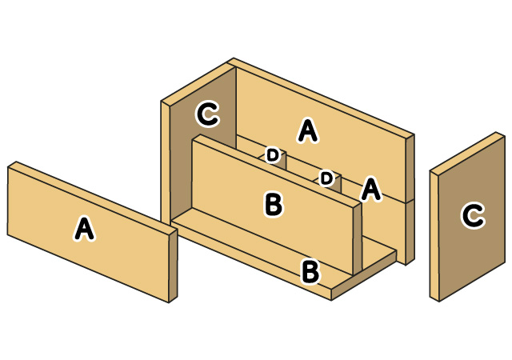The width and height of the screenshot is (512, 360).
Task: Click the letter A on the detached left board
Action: click(x=82, y=230)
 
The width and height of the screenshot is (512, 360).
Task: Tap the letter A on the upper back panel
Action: click(x=306, y=130)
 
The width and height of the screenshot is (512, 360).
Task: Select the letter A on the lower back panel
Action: click(x=370, y=189)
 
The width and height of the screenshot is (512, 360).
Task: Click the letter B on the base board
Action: click(x=311, y=271)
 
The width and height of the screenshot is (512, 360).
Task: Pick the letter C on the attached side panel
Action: click(x=207, y=114)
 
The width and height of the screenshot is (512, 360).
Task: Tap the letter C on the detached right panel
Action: click(x=473, y=215)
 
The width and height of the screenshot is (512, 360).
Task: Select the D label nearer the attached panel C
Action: click(x=273, y=154)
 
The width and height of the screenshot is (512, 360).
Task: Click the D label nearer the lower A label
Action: click(x=326, y=178)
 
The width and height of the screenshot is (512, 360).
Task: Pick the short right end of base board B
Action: click(x=364, y=276)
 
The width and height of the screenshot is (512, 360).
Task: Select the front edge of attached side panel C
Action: click(x=166, y=160)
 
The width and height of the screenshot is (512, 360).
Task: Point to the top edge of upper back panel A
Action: click(x=320, y=96)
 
